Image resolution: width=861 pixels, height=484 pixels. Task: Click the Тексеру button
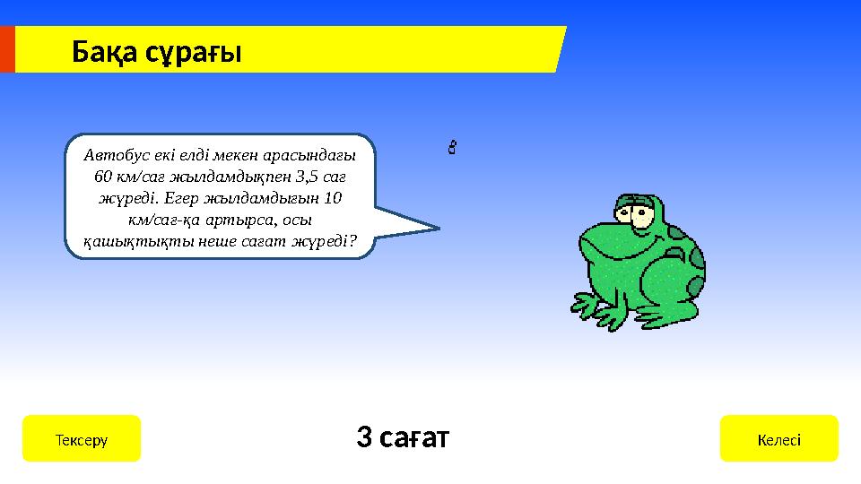81,439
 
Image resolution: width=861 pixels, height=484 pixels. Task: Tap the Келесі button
778,439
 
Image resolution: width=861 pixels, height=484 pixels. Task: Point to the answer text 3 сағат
403,437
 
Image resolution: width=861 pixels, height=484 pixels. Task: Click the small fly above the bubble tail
453,145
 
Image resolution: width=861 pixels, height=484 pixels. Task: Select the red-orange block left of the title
7,48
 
